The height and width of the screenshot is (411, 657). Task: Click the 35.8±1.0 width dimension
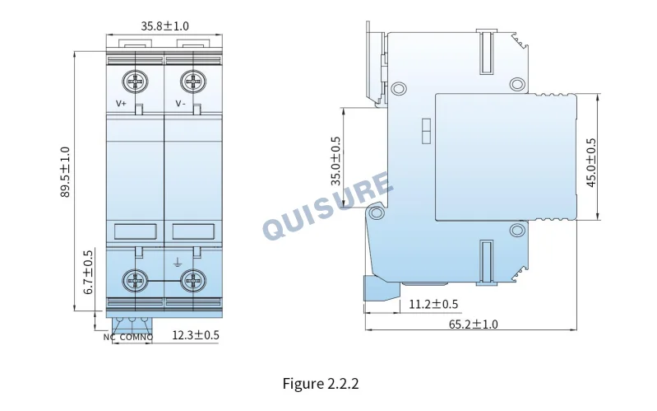[164, 26]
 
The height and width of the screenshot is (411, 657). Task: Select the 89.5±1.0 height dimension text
[64, 171]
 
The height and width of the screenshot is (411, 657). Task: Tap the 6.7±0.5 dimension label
[88, 273]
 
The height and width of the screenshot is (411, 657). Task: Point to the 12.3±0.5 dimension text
[196, 335]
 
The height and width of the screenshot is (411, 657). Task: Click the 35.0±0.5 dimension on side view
[336, 161]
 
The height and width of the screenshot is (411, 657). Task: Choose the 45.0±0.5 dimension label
[590, 162]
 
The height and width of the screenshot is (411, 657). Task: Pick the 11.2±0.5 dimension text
[433, 304]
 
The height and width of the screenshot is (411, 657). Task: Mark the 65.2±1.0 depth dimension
[474, 324]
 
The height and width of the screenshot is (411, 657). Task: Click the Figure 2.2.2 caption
[321, 384]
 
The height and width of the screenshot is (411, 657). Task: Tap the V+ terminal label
[121, 103]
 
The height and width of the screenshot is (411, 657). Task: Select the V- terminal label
[180, 103]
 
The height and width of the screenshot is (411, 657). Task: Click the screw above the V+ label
[135, 81]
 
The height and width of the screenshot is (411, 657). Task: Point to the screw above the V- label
[193, 81]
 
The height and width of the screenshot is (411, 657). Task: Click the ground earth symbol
[178, 264]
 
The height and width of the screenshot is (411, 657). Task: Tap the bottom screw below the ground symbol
[193, 281]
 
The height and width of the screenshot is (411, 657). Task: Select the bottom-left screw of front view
[135, 281]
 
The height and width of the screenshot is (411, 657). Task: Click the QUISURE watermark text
[327, 206]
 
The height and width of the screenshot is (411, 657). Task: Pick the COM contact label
[129, 337]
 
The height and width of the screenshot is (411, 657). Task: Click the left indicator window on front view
[136, 231]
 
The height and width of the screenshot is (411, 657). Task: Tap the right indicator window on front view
[193, 231]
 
